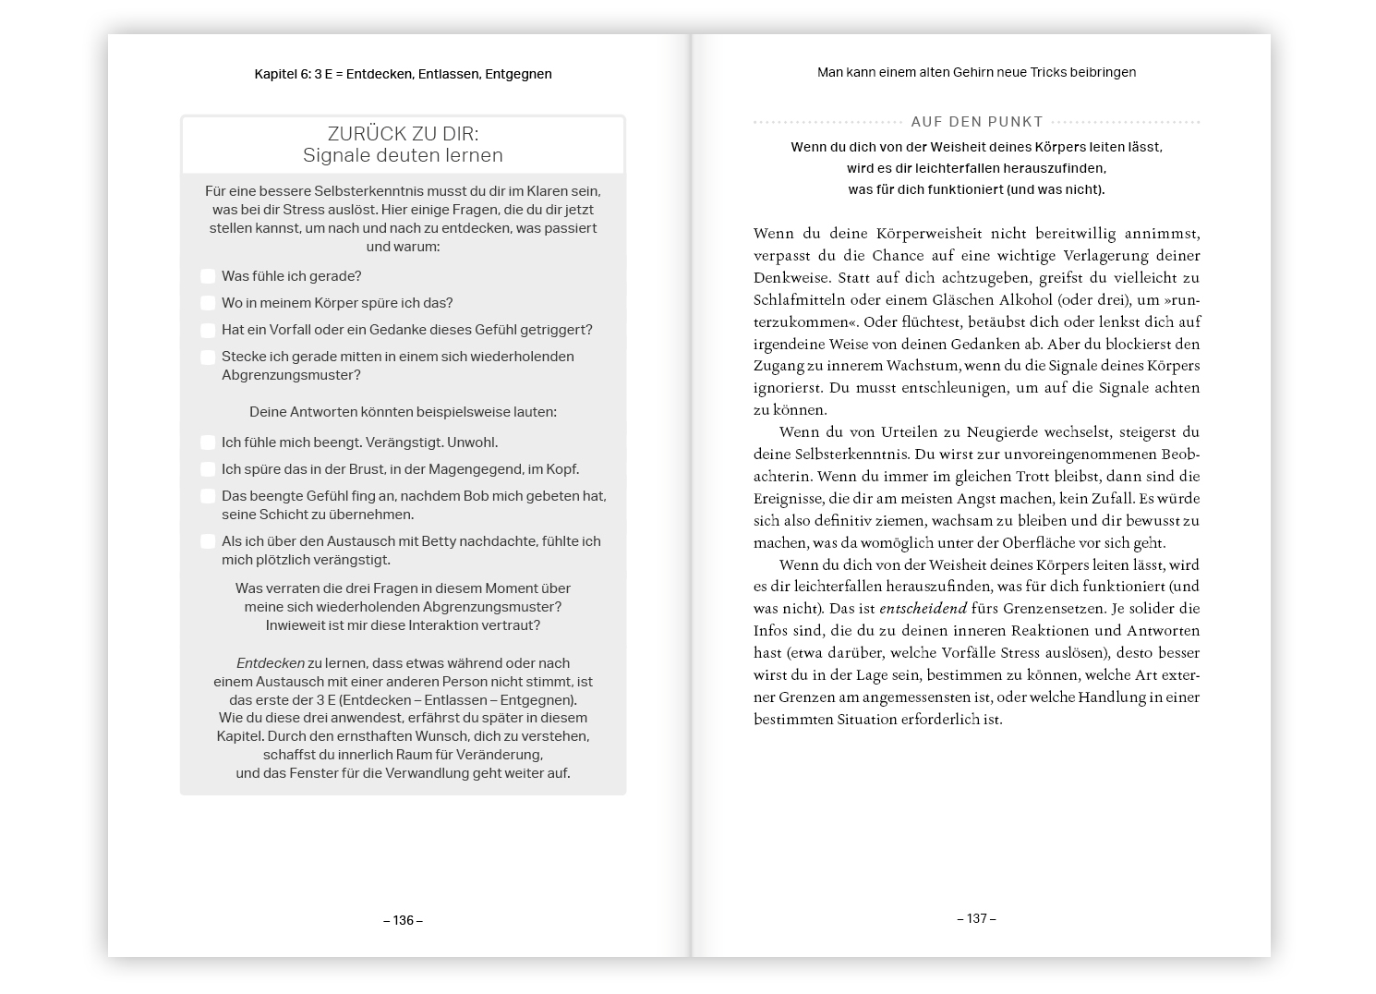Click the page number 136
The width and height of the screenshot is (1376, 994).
coord(403,920)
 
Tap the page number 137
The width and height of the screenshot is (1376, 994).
coord(976,918)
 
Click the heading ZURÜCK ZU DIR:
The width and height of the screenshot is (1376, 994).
coord(403,134)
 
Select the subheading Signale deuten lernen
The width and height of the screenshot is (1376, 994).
coord(403,155)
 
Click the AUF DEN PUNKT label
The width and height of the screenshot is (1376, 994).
coord(976,122)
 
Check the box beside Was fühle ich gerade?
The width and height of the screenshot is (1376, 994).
coord(208,276)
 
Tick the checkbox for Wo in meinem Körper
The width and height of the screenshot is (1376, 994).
coord(208,303)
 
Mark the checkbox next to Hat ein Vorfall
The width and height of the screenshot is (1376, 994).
coord(208,330)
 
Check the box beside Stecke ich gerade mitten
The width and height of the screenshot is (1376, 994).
coord(208,357)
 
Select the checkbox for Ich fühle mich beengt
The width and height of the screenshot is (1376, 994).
coord(208,442)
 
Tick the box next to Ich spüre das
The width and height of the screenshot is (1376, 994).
coord(208,469)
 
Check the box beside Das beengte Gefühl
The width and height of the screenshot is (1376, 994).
coord(208,496)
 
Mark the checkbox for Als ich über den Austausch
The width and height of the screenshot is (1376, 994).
coord(208,541)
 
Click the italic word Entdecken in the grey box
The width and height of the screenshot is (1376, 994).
coord(270,663)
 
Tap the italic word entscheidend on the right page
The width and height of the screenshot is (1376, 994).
coord(923,609)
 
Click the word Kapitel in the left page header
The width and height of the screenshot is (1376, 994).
coord(275,74)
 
